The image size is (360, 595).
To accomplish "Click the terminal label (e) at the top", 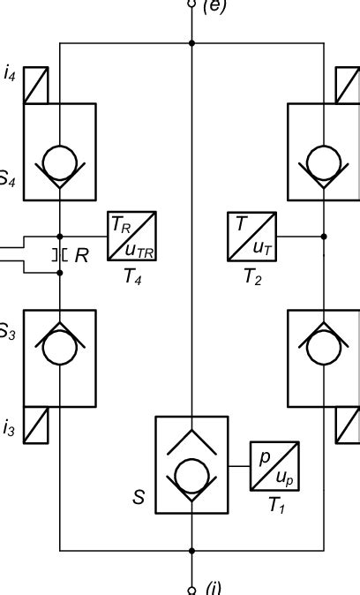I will pos(214,6).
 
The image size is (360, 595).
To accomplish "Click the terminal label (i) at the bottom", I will pos(213,587).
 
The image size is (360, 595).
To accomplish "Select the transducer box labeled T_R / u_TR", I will pos(132,237).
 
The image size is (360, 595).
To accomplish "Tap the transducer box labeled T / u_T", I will pos(253,237).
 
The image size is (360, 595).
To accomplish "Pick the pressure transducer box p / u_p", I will pos(275,466).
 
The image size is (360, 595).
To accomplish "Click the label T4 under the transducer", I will pos(131,277).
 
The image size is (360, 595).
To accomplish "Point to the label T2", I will pos(253,277).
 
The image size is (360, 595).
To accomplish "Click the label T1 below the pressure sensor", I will pos(276,507).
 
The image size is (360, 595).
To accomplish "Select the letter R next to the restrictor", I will pos(82,256).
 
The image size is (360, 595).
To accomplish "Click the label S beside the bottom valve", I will pos(139,498).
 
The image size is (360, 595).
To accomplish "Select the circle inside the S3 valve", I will pos(60,347).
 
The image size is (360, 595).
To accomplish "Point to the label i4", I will pos(9,74).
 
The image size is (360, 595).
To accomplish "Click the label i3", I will pos(9,429).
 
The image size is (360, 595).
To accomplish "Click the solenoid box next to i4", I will pos(35,85).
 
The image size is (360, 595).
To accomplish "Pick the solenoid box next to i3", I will pos(35,426).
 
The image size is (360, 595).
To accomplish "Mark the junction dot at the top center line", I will pos(192,42).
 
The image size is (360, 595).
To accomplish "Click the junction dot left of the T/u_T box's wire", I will pos(324,237).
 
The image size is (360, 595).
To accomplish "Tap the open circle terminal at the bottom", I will pos(192,590).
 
